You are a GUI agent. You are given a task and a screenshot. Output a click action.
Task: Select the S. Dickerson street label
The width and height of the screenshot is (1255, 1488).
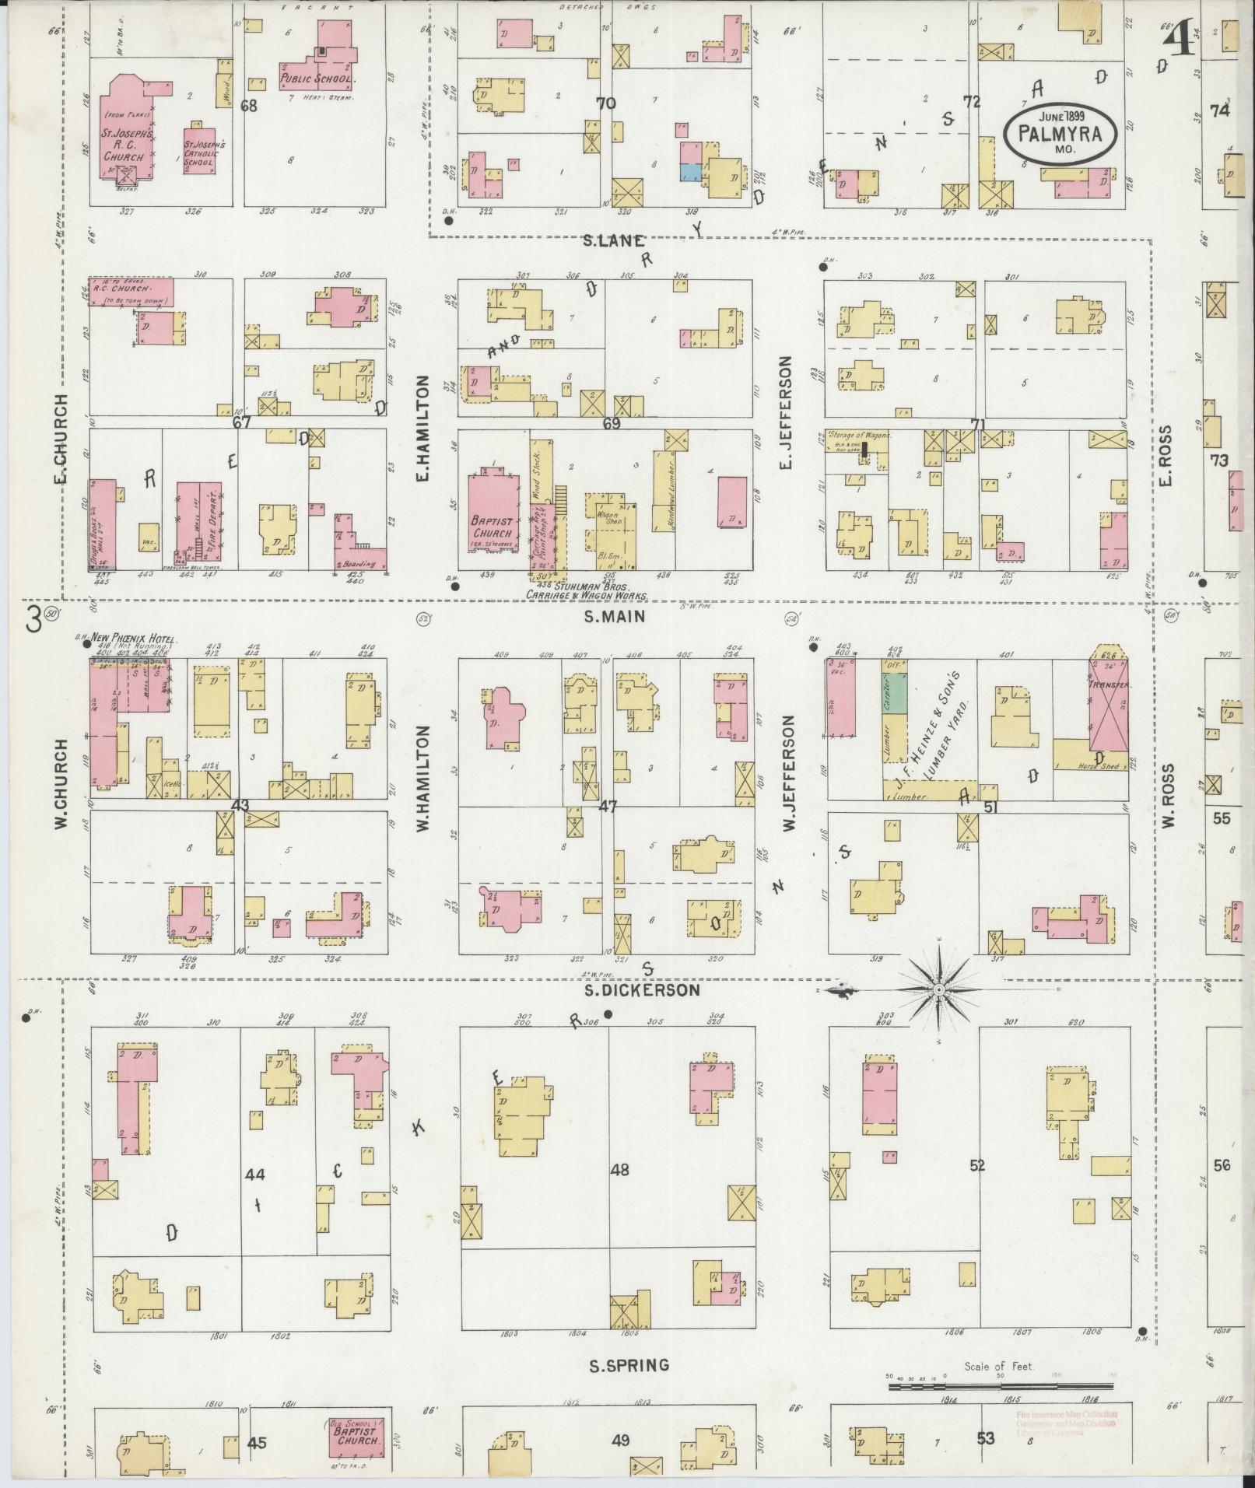(x=644, y=990)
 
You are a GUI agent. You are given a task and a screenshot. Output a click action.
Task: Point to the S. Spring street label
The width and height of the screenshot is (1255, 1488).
(x=629, y=1366)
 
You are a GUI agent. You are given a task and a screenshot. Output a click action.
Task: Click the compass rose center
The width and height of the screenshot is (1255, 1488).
(x=939, y=989)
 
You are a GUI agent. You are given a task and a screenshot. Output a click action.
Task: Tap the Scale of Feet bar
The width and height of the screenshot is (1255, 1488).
(x=1000, y=1385)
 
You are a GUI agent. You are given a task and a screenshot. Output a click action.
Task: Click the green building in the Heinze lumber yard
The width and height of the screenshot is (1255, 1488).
(x=894, y=691)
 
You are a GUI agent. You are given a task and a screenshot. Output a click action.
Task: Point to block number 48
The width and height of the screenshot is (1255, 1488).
(x=619, y=1169)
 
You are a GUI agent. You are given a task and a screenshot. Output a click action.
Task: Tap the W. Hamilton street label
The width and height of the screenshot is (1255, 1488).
(x=423, y=778)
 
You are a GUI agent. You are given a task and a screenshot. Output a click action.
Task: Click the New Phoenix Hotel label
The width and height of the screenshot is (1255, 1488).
(x=131, y=637)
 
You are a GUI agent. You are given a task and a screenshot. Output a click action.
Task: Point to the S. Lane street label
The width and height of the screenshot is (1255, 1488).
(x=615, y=242)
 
